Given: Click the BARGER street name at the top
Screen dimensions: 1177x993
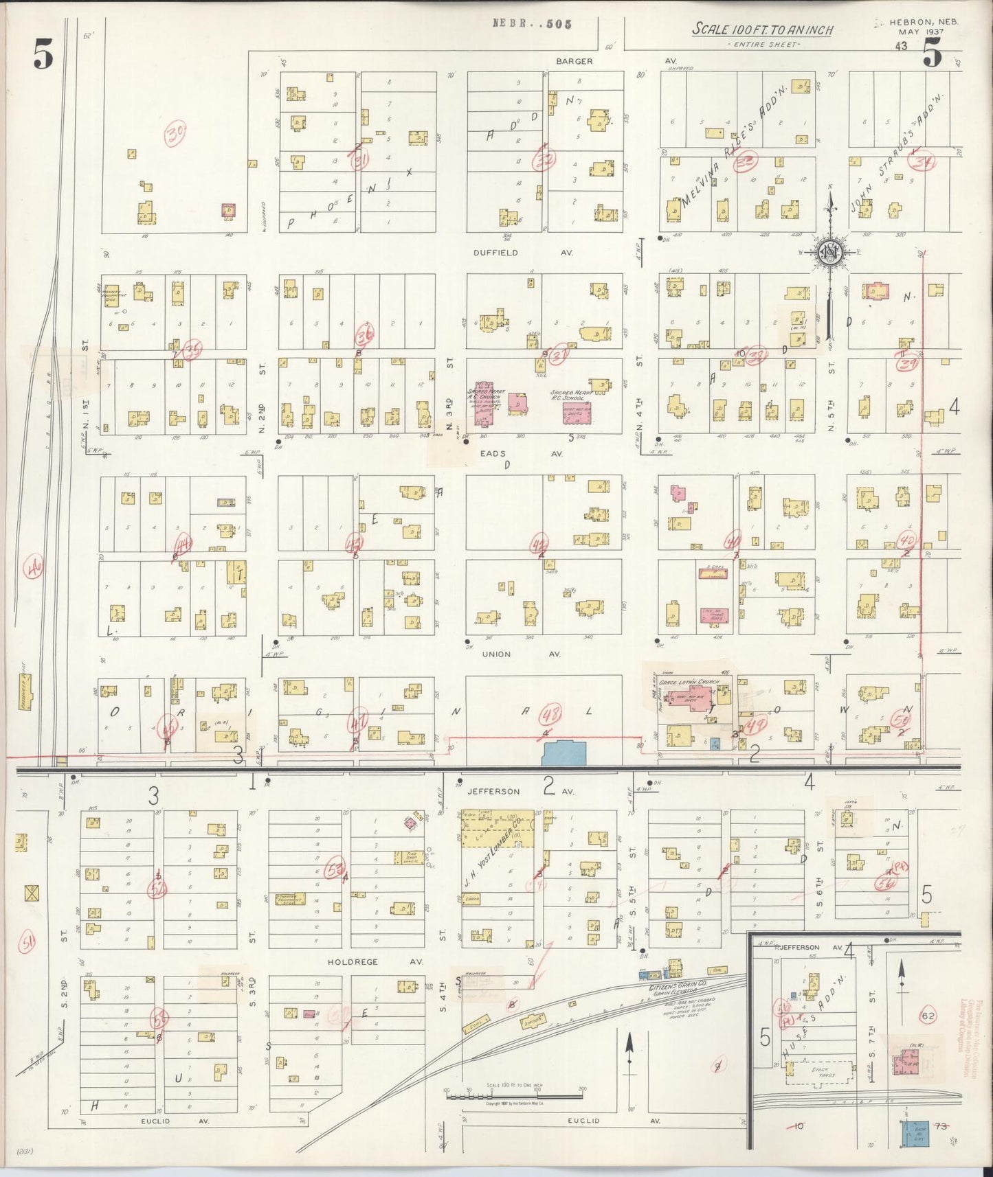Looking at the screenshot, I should (x=574, y=61).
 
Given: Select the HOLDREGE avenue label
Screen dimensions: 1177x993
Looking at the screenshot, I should (x=353, y=962).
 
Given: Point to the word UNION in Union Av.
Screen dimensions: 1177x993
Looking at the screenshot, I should (x=496, y=654).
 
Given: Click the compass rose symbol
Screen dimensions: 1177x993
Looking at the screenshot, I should (x=831, y=253).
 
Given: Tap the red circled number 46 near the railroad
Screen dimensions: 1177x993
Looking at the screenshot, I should (x=34, y=569).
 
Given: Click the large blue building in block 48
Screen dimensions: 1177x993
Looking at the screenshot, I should (x=564, y=753).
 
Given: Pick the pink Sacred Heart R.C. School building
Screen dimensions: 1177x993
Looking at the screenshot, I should (x=577, y=413).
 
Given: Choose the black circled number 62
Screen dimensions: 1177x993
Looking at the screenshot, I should (x=928, y=1016).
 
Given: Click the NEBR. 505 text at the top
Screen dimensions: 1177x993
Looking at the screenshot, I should (x=532, y=23).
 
